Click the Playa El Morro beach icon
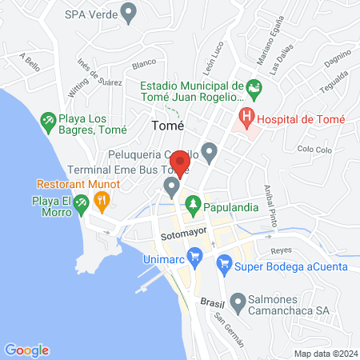(81, 206)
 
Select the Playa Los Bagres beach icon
(48, 120)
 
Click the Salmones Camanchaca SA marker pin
(238, 303)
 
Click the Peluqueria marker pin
(210, 150)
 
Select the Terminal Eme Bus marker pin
(171, 187)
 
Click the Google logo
(27, 350)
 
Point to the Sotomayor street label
(178, 236)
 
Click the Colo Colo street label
(314, 149)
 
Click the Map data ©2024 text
(326, 354)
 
